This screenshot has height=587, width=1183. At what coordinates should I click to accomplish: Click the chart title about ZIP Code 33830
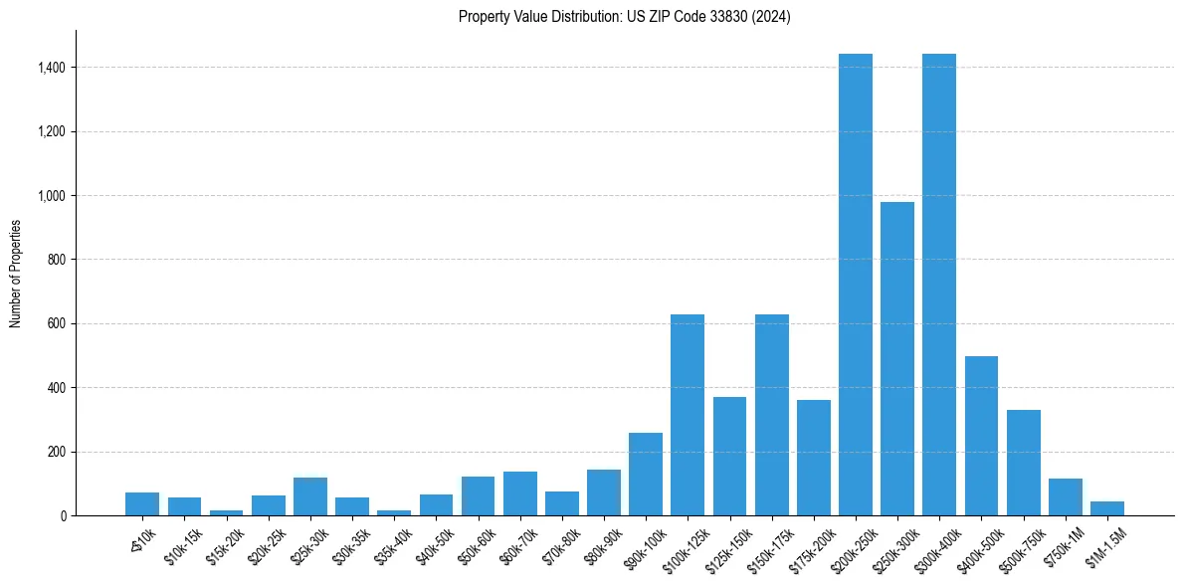[x=624, y=17]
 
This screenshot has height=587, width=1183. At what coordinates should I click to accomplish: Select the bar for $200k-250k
[x=856, y=285]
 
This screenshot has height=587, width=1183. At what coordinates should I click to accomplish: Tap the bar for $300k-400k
[x=939, y=285]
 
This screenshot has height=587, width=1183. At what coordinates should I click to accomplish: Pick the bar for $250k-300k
[x=897, y=358]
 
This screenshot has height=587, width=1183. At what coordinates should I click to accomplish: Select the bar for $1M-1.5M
[x=1107, y=508]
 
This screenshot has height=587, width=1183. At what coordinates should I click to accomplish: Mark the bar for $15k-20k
[x=226, y=512]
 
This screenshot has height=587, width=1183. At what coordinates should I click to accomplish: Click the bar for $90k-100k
[x=646, y=474]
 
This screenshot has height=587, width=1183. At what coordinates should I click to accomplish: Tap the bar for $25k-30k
[x=310, y=496]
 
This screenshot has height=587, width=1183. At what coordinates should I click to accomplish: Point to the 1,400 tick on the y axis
[x=52, y=68]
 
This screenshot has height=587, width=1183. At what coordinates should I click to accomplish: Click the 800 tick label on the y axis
[x=57, y=260]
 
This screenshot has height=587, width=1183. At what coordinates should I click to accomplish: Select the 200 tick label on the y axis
[x=57, y=452]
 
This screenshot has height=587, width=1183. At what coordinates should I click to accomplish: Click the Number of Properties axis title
[x=16, y=273]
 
